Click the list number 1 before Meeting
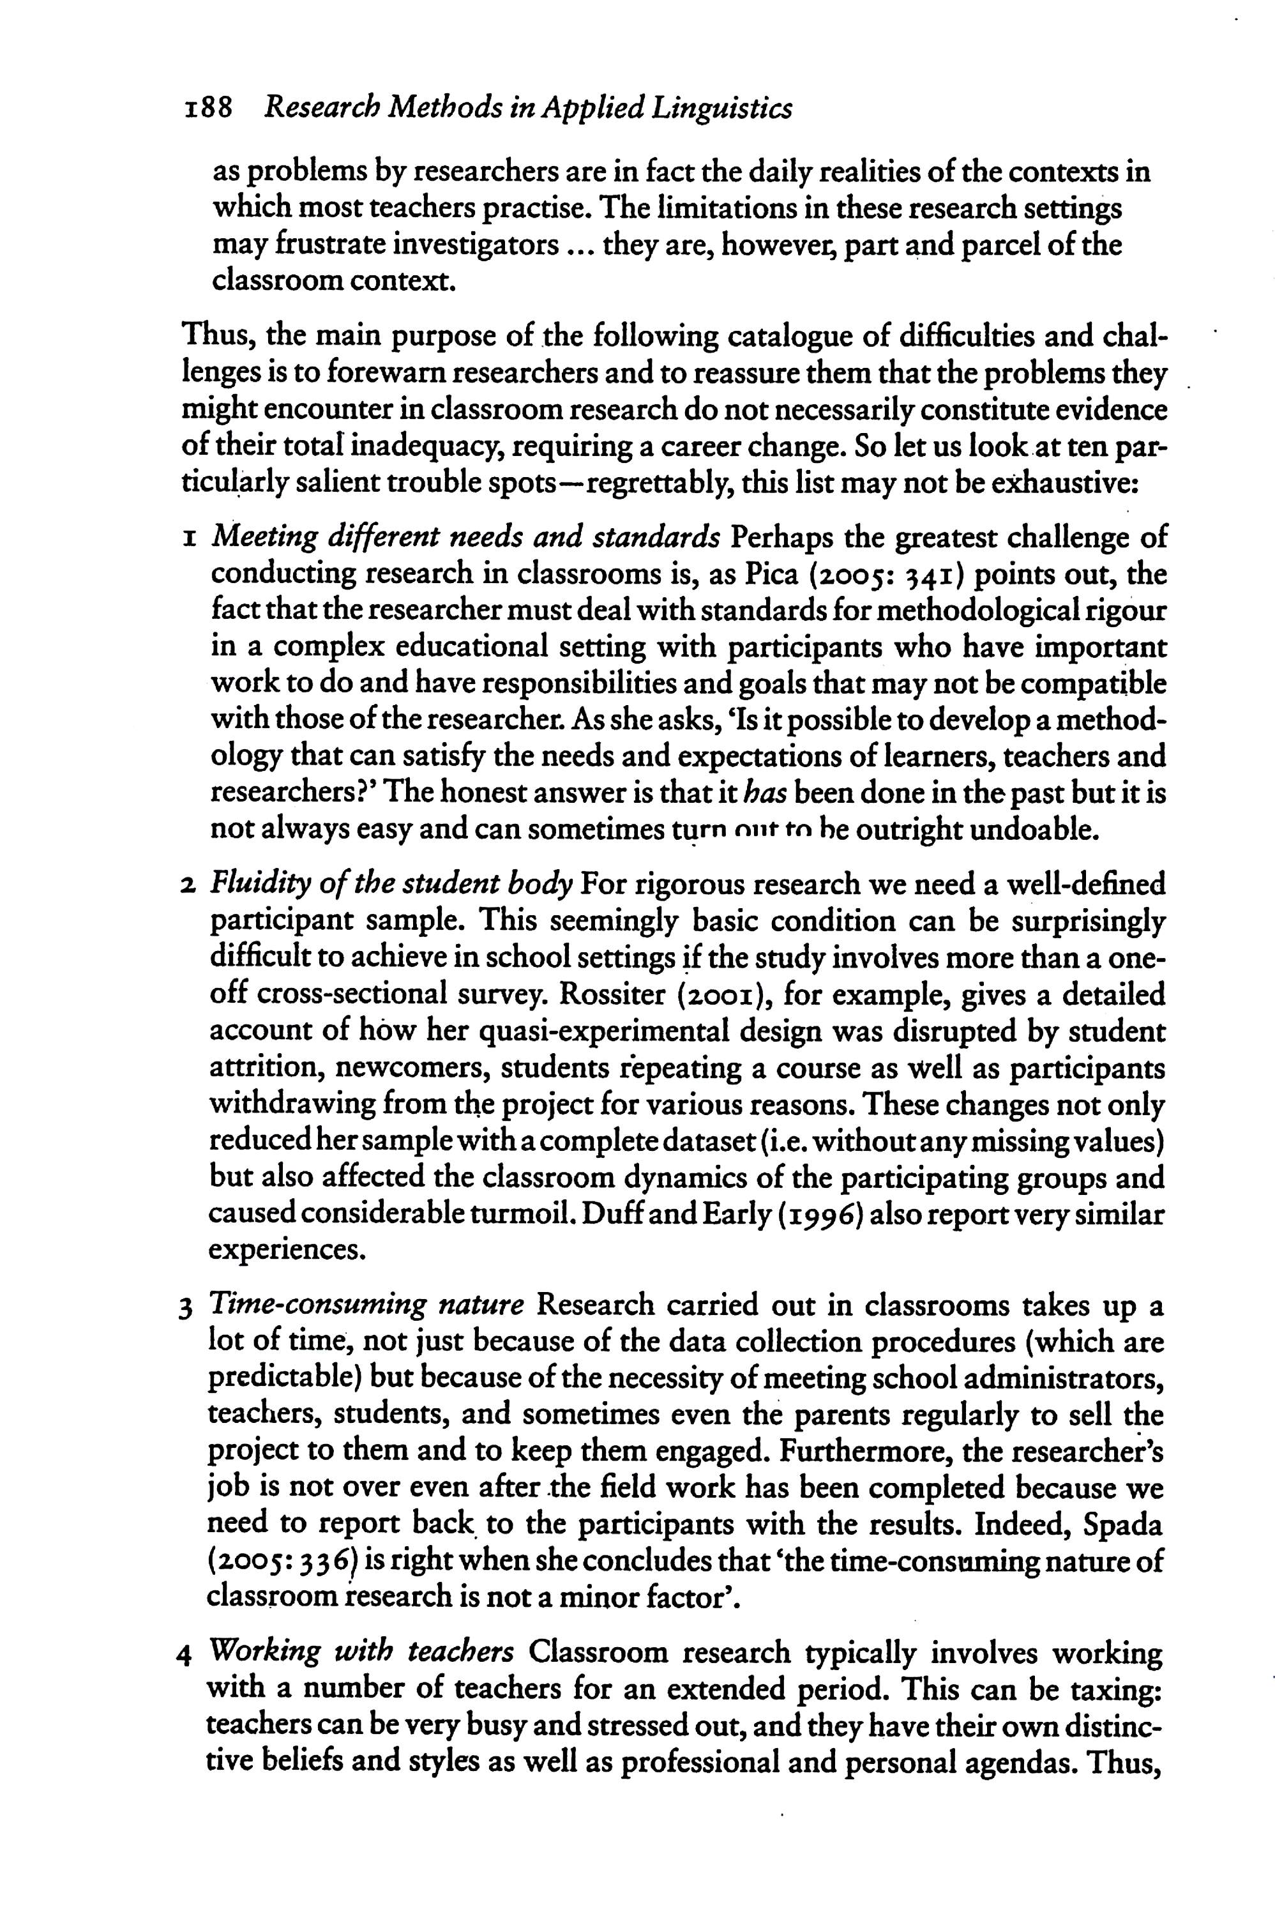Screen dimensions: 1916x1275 pyautogui.click(x=188, y=538)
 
